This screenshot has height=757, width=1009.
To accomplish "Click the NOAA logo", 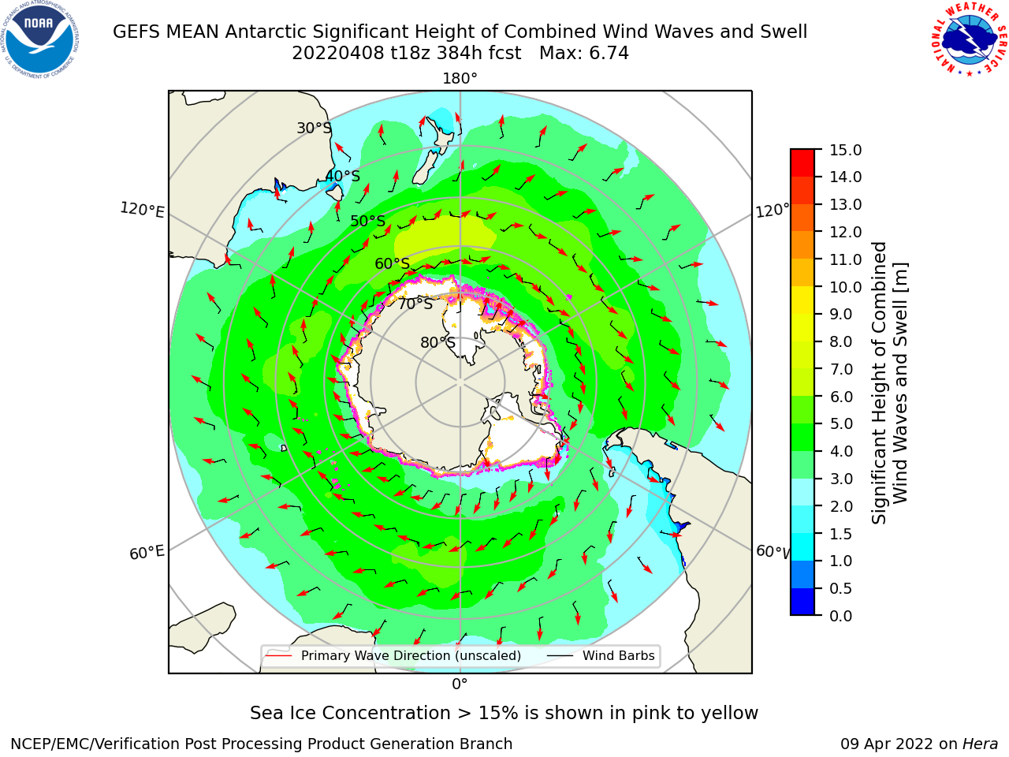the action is pyautogui.click(x=40, y=40).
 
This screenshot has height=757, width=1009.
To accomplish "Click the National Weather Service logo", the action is pyautogui.click(x=969, y=40).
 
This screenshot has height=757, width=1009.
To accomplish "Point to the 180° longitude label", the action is pyautogui.click(x=460, y=79).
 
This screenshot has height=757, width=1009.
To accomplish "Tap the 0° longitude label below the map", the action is pyautogui.click(x=460, y=684).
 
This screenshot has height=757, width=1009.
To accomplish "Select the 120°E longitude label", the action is pyautogui.click(x=142, y=210).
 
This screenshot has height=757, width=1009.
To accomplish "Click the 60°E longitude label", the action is pyautogui.click(x=147, y=553).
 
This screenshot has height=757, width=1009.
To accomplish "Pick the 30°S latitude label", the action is pyautogui.click(x=315, y=128).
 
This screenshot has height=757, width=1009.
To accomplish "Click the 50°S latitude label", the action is pyautogui.click(x=368, y=221).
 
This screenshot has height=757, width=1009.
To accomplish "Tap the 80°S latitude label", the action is pyautogui.click(x=437, y=342).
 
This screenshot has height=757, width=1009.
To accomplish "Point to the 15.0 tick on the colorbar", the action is pyautogui.click(x=845, y=150).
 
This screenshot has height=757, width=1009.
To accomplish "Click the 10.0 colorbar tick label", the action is pyautogui.click(x=845, y=287).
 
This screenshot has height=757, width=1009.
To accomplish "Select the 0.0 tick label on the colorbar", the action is pyautogui.click(x=841, y=616).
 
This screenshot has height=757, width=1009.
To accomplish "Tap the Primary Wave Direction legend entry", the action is pyautogui.click(x=394, y=655).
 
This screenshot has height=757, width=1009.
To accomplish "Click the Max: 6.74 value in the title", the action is pyautogui.click(x=584, y=54).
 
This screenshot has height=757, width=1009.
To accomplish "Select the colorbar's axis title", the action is pyautogui.click(x=889, y=383).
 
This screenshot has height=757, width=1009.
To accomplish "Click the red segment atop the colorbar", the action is pyautogui.click(x=802, y=163).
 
